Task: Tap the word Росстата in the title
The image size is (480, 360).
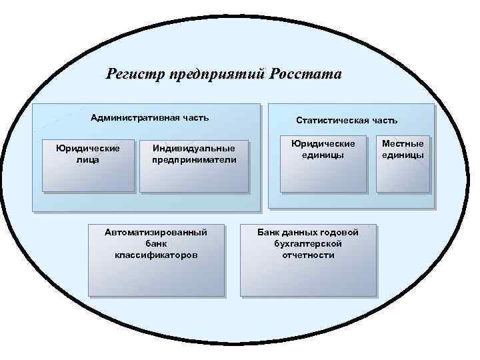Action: coord(305,74)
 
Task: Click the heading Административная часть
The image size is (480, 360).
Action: coord(149,118)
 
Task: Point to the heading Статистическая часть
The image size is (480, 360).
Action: coord(347,121)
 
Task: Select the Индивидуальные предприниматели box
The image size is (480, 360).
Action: coord(193,167)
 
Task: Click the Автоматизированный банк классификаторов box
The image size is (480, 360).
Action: coord(156,260)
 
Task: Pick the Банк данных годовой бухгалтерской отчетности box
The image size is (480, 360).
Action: coord(308,260)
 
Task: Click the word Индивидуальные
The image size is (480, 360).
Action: coord(193,148)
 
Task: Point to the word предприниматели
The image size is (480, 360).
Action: coord(194,160)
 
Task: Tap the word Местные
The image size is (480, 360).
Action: coord(403,143)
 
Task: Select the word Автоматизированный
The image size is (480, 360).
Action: coord(156,232)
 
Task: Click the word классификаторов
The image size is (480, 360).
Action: coord(156,255)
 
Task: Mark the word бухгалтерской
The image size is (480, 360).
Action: coord(308,244)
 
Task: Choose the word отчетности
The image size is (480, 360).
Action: coord(308,255)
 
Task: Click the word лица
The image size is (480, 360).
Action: coord(87,160)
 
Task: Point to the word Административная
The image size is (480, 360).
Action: coord(129,118)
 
